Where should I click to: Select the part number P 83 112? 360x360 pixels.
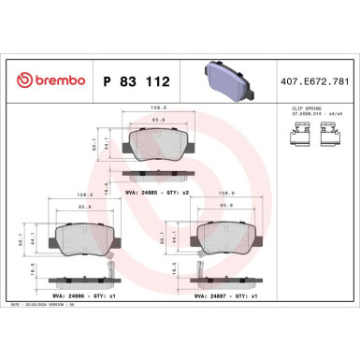click(x=135, y=81)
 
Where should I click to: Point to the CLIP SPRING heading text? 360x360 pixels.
click(x=296, y=109)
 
